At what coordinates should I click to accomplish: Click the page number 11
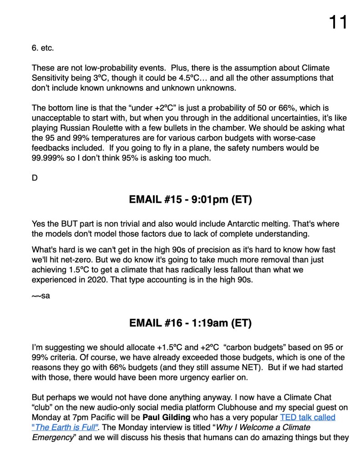click(x=338, y=21)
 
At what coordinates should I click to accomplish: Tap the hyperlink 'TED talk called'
click(x=308, y=417)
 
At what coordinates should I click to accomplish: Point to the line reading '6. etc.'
click(x=43, y=47)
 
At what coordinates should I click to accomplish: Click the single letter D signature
click(x=35, y=178)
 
